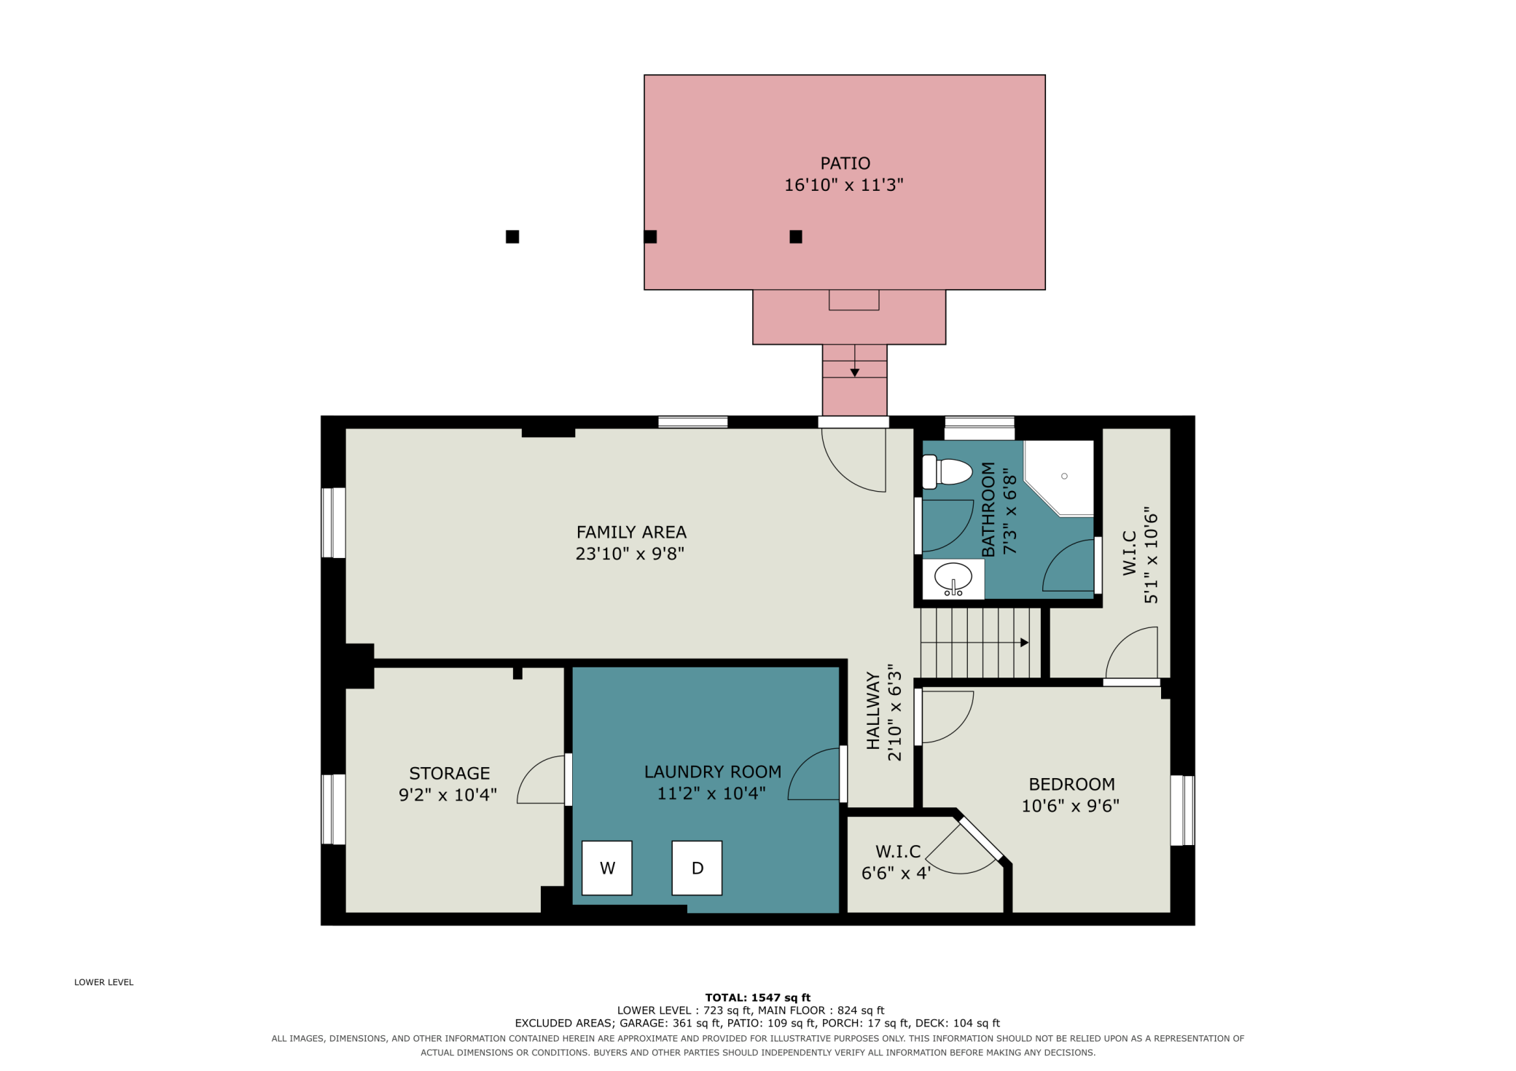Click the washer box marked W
point(607,868)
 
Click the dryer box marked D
point(697,868)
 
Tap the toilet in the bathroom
point(947,472)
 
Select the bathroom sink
point(953,578)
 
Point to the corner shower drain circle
point(1064,476)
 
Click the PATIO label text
point(845,163)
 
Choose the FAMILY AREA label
point(631,533)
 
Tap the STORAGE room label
point(449,773)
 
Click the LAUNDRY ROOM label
point(713,772)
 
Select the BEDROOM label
point(1071,784)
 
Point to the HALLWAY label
point(872,710)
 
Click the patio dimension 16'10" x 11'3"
point(843,185)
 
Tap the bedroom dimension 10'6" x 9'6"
point(1070,806)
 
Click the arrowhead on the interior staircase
point(1025,643)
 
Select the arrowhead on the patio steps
point(855,373)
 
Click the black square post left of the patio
point(512,237)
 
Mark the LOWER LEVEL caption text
point(103,982)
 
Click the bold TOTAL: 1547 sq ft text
point(757,997)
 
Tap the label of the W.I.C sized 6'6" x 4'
point(898,852)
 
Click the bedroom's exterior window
point(1182,810)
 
